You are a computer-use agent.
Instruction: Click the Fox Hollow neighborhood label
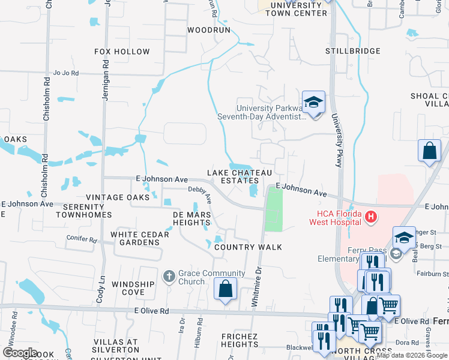coord(122,52)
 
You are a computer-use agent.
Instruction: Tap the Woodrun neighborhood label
coord(208,29)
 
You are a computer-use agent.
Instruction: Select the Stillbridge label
coord(353,51)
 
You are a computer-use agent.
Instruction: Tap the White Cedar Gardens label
coord(139,239)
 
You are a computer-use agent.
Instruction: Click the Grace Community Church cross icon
coord(169,276)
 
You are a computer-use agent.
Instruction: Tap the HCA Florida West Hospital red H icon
coord(372,216)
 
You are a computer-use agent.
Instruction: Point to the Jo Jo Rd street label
coord(66,73)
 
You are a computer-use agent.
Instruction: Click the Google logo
coord(21,353)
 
